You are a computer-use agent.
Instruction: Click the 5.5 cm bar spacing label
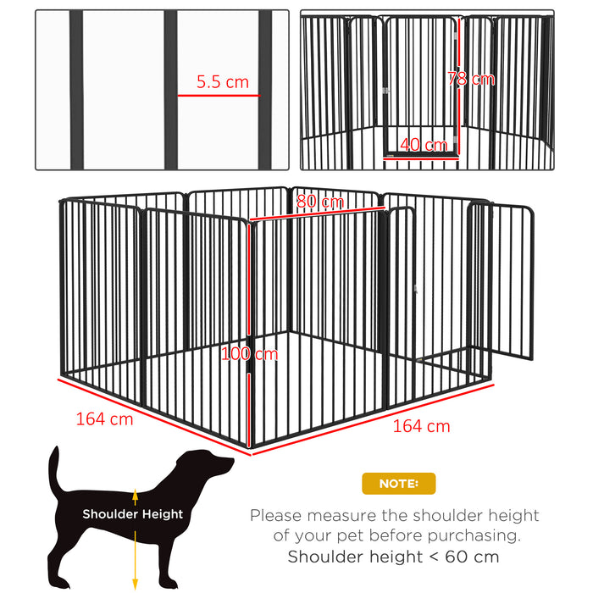click(x=223, y=82)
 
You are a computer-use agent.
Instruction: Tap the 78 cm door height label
click(x=470, y=79)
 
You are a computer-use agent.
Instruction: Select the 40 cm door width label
click(x=424, y=145)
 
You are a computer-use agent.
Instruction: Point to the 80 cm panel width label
click(x=320, y=202)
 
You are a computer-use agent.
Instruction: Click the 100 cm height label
click(x=249, y=354)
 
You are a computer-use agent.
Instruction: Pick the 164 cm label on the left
click(x=104, y=418)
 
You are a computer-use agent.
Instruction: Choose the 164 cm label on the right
click(x=421, y=425)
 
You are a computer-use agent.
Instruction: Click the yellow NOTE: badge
click(x=398, y=484)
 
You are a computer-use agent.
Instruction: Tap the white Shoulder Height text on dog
click(x=132, y=513)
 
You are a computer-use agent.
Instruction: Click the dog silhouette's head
click(x=212, y=464)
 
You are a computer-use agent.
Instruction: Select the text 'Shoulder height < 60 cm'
click(x=393, y=557)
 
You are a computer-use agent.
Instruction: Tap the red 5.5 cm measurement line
click(x=218, y=96)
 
